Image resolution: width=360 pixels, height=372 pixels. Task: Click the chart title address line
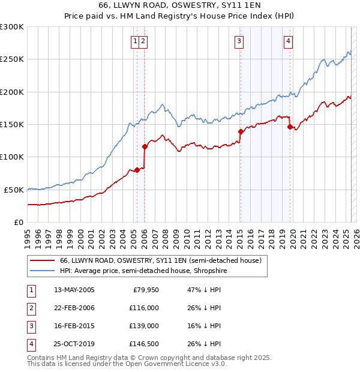179,5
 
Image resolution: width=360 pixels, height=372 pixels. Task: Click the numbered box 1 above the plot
136,41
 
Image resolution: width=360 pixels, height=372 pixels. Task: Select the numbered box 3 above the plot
239,41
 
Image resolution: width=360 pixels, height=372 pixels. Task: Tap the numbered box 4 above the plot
289,41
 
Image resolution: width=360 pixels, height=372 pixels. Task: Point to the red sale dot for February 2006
145,146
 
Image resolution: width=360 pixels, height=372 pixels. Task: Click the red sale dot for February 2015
241,131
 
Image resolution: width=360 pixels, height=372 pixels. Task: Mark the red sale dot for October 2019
290,127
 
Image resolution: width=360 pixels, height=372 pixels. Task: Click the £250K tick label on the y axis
12,59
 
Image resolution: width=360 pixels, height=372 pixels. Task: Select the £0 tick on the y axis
18,222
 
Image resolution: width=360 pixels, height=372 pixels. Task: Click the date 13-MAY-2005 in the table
74,290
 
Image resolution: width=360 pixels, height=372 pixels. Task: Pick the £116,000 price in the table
144,308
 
